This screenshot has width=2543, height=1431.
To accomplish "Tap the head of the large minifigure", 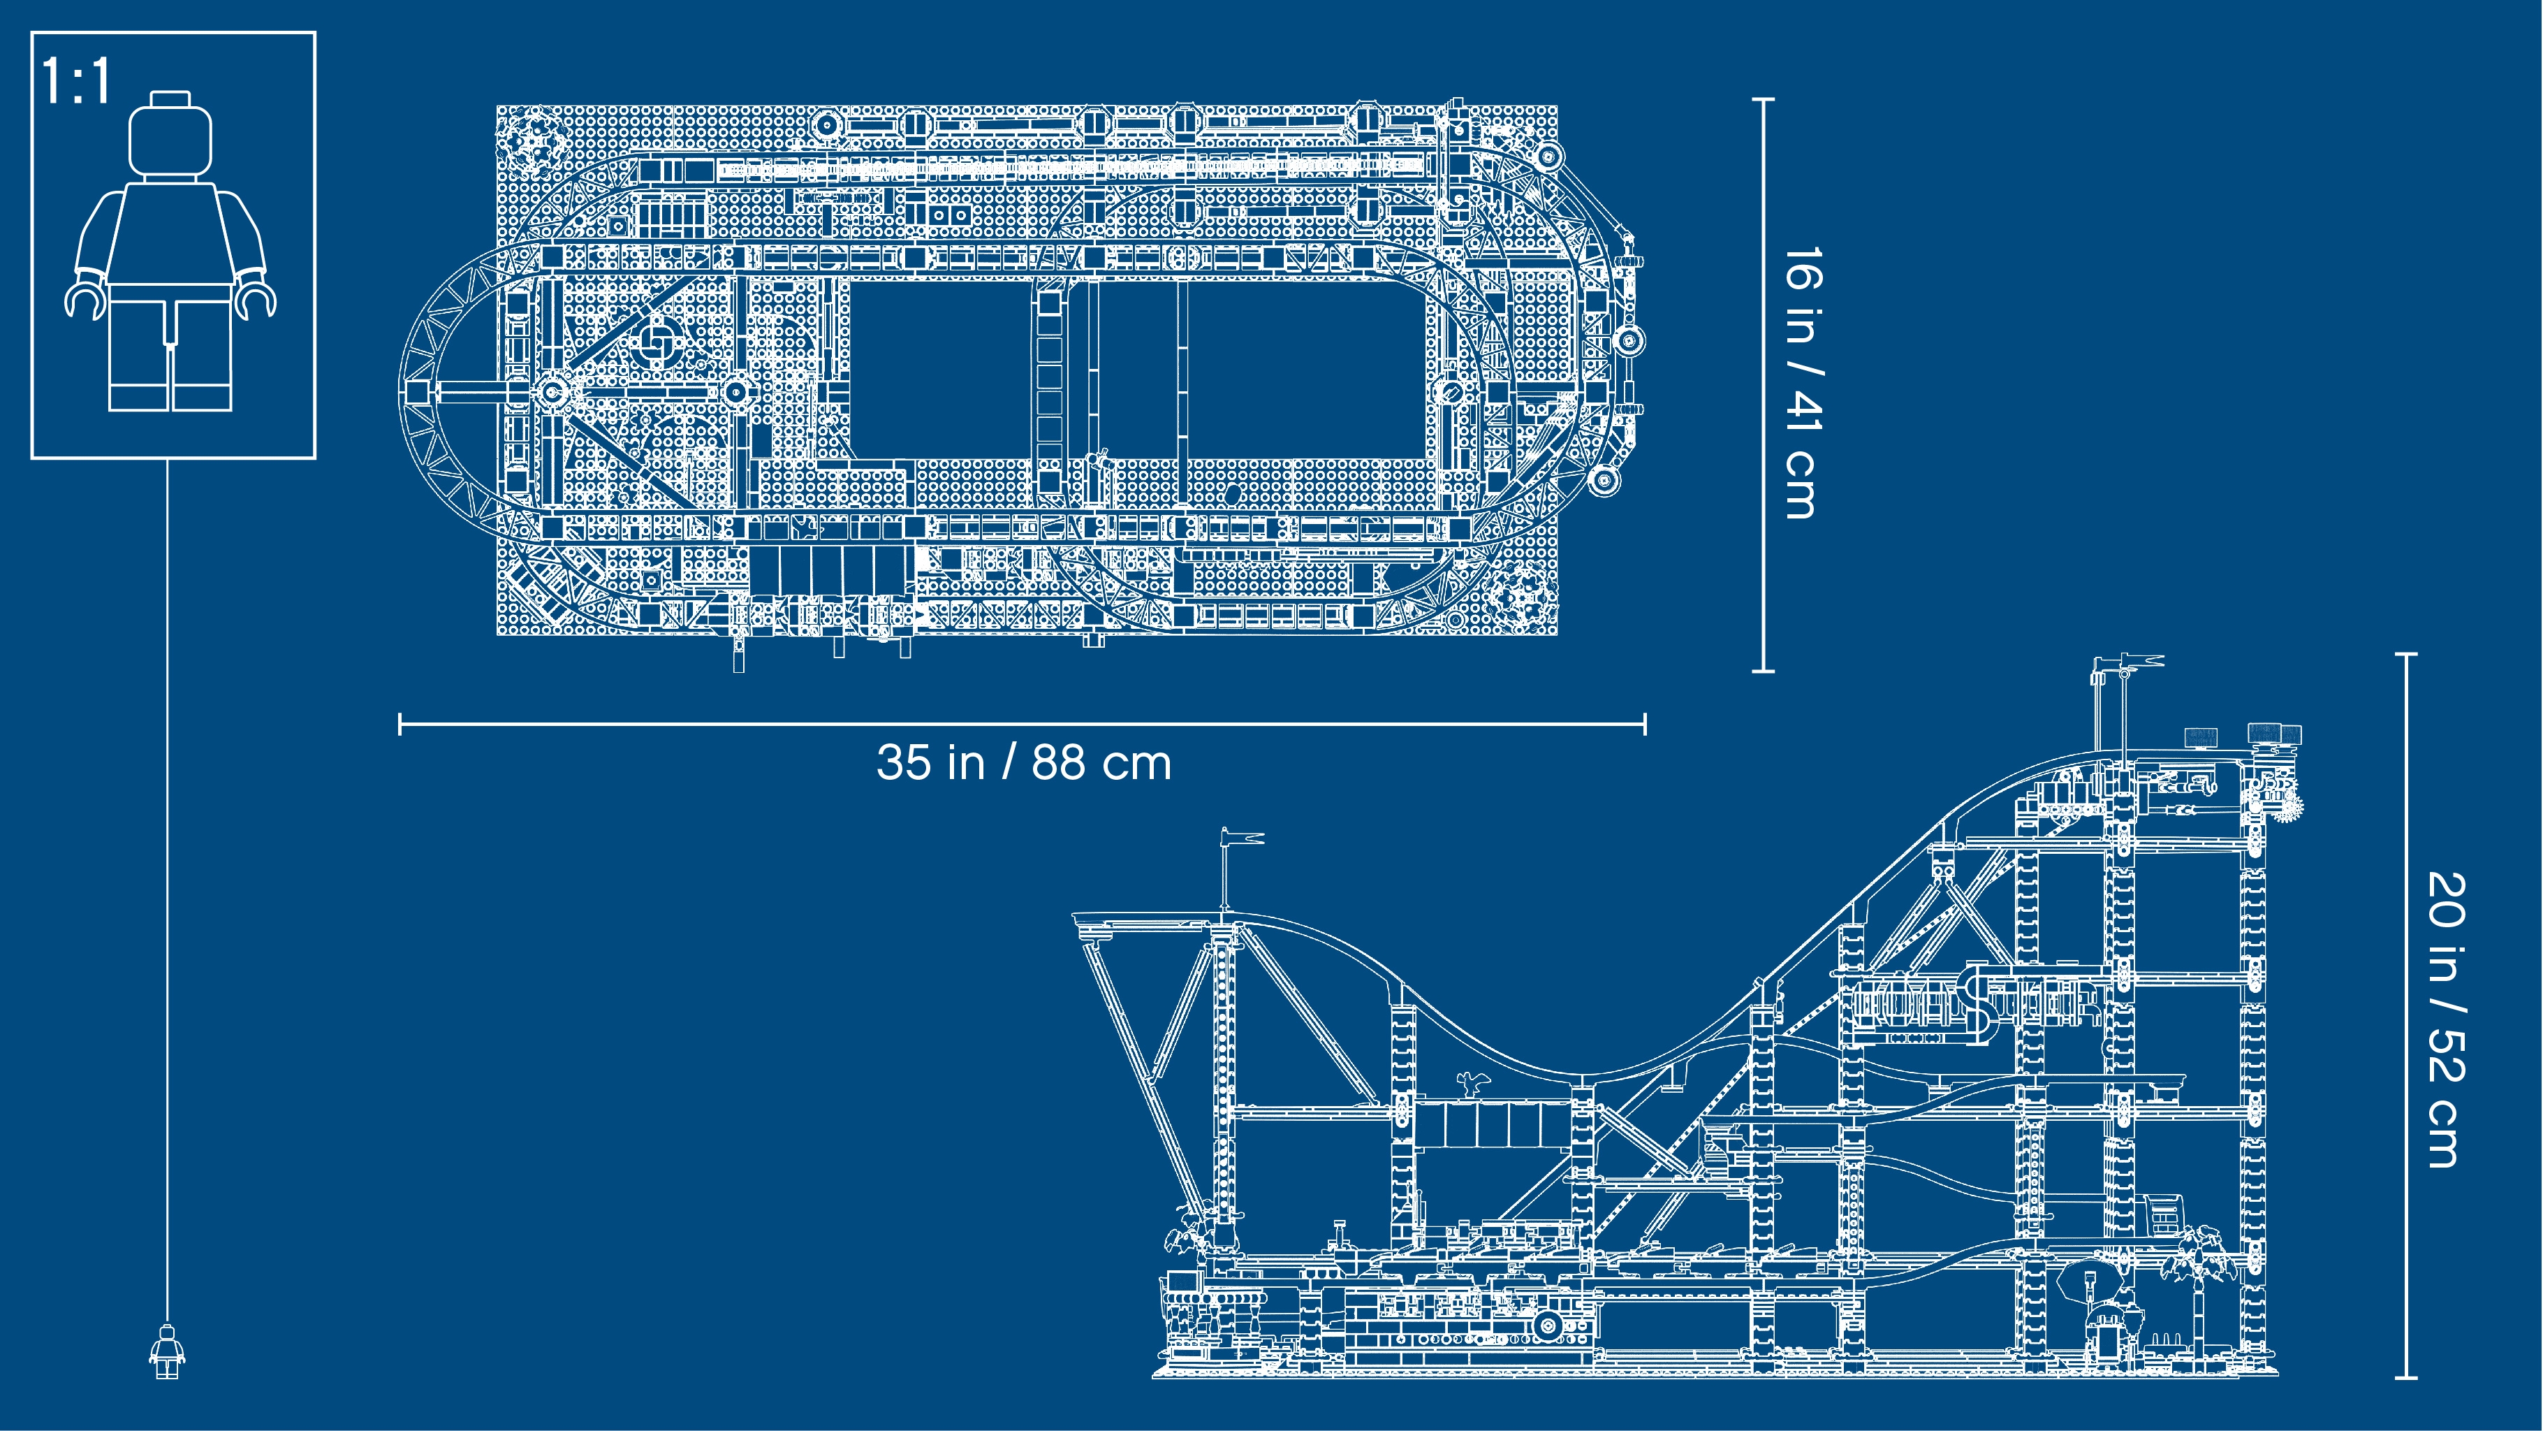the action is pyautogui.click(x=171, y=136).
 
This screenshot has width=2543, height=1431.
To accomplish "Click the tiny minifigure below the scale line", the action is pyautogui.click(x=167, y=1351).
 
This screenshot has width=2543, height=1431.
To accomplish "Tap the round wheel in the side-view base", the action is pyautogui.click(x=1547, y=1324).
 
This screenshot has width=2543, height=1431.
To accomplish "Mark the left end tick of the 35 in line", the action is pyautogui.click(x=400, y=724).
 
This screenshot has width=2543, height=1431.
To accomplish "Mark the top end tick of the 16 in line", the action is pyautogui.click(x=1763, y=99).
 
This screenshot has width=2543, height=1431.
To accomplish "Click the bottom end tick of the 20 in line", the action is pyautogui.click(x=2406, y=1376).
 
